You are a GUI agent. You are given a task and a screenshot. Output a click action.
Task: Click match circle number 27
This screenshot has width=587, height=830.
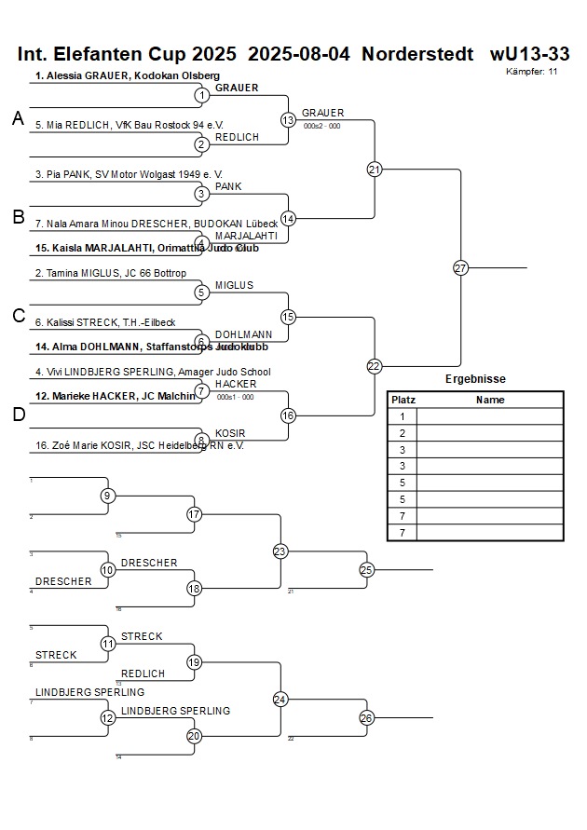tap(460, 267)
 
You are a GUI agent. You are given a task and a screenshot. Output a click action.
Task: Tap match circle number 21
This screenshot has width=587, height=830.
tap(375, 169)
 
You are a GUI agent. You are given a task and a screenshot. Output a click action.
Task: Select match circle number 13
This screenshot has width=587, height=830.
tap(288, 119)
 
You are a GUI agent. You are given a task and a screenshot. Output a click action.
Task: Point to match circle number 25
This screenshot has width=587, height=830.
tap(366, 569)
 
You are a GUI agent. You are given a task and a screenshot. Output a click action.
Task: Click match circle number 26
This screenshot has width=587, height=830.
tap(366, 717)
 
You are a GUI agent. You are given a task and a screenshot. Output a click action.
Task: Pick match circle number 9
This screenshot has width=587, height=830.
tap(108, 496)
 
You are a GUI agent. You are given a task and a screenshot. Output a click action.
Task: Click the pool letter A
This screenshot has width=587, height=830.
tap(18, 118)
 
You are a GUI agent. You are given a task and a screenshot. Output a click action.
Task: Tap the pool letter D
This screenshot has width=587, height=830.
tap(18, 415)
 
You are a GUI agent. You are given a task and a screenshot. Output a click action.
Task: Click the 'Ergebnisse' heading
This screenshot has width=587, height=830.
tap(475, 379)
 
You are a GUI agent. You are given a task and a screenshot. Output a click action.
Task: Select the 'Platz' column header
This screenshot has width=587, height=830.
tap(403, 400)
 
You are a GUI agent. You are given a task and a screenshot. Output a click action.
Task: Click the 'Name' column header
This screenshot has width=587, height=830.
tap(490, 400)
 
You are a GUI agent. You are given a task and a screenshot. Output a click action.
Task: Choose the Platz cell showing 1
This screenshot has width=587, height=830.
tap(403, 416)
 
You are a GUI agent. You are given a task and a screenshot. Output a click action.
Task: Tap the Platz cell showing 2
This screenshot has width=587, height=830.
tap(403, 433)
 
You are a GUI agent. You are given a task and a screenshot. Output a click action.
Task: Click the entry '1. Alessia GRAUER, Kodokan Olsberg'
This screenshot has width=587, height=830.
tap(128, 75)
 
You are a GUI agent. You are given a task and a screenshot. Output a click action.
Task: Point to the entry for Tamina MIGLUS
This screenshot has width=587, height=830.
tap(111, 273)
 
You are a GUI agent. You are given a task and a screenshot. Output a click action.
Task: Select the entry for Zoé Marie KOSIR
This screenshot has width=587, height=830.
tap(140, 445)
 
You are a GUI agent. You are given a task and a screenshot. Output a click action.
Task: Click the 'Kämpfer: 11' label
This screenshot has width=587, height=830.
tap(532, 72)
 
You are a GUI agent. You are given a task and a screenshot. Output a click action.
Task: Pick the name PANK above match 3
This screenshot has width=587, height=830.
tap(228, 186)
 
